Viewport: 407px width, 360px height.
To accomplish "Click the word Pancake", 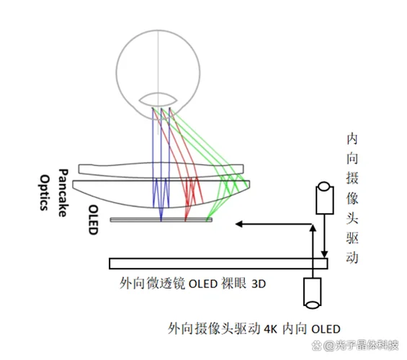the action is (x=63, y=193).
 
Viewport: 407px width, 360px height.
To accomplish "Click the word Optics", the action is (x=45, y=192).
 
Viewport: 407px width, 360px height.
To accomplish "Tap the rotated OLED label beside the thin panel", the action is (x=93, y=220).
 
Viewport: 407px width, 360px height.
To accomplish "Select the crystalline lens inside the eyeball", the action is (x=158, y=99).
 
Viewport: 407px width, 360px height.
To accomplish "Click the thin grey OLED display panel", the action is (x=161, y=220).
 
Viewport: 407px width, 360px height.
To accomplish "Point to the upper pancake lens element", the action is (x=161, y=171).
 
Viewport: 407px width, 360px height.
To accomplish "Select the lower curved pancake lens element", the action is (x=161, y=194).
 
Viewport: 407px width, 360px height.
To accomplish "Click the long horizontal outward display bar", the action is (x=218, y=264).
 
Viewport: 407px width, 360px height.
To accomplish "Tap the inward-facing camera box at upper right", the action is (x=325, y=198).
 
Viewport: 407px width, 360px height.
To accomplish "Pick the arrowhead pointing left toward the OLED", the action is (x=239, y=224).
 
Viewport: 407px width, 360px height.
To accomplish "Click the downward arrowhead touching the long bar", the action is (x=324, y=254).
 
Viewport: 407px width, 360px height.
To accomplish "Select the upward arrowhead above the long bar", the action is (x=313, y=228).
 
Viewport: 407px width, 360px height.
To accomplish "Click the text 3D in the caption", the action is (x=259, y=284).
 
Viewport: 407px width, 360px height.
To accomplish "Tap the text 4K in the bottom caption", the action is (x=271, y=329).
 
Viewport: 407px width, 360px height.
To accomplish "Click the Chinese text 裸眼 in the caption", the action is (x=233, y=284).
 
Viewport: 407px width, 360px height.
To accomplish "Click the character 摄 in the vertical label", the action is (x=352, y=179).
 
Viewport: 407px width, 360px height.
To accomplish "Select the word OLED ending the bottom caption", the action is (x=326, y=329).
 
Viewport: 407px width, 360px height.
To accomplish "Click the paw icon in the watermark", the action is (x=317, y=346).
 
